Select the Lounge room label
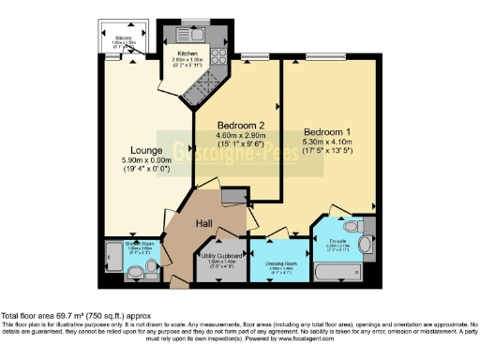147,150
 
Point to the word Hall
205,222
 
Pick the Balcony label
112,39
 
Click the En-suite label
338,243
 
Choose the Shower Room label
141,243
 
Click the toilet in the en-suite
352,227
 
